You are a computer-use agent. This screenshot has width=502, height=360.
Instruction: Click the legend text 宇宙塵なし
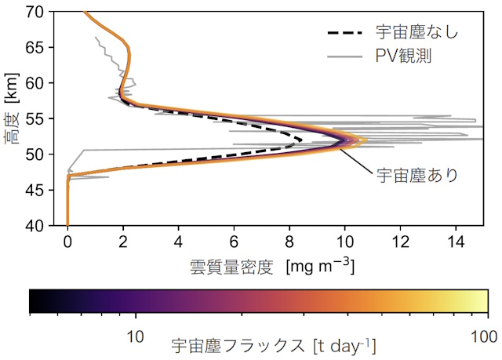pos(417,33)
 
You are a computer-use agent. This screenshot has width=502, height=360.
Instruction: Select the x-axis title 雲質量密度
pos(232,267)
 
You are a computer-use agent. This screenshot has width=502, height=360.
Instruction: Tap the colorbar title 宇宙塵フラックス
pos(238,344)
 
